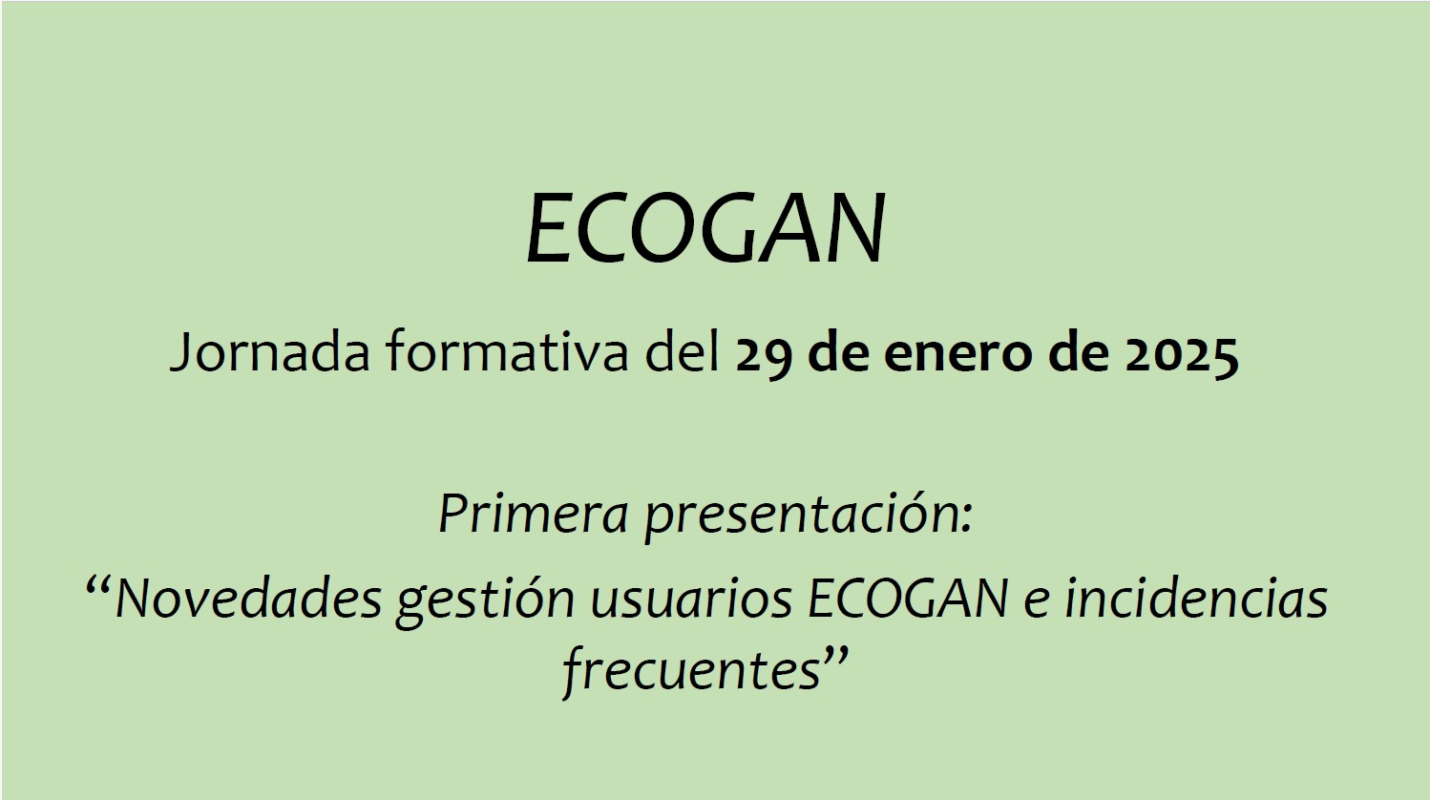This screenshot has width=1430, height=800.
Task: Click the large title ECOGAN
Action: [706, 229]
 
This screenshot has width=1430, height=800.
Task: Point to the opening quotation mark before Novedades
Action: [98, 583]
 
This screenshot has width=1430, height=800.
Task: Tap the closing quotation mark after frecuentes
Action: [836, 656]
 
